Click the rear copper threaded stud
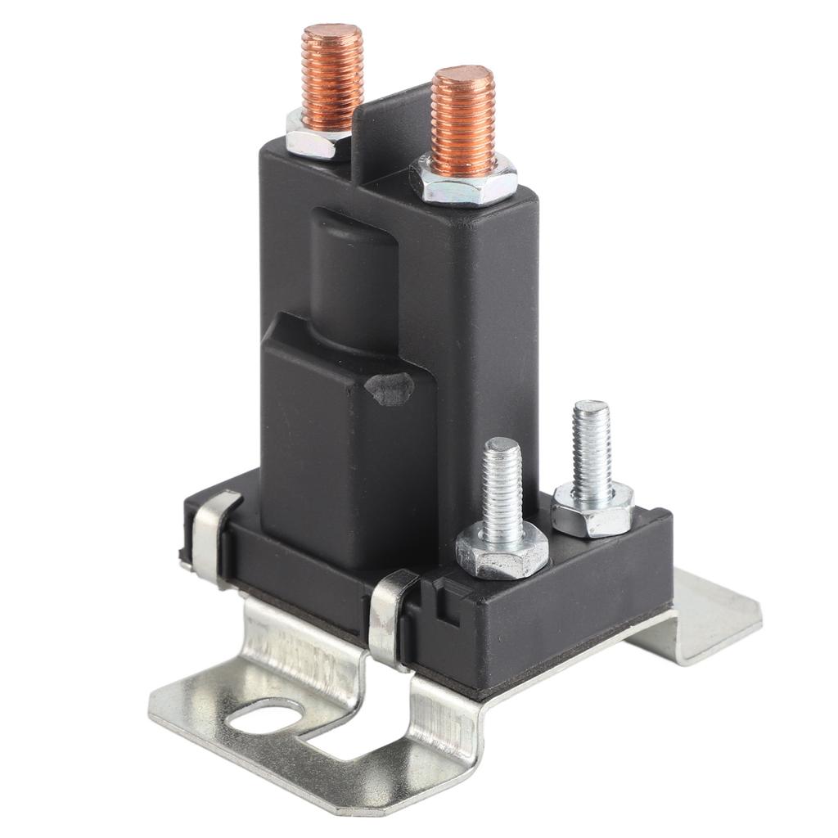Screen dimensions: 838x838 point(331,78)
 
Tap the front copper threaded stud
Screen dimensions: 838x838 point(462,123)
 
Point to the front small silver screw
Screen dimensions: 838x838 point(502,491)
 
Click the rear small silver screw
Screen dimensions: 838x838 point(592,450)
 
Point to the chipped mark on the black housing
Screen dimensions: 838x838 point(390,389)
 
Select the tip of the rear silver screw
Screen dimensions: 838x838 point(591,408)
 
